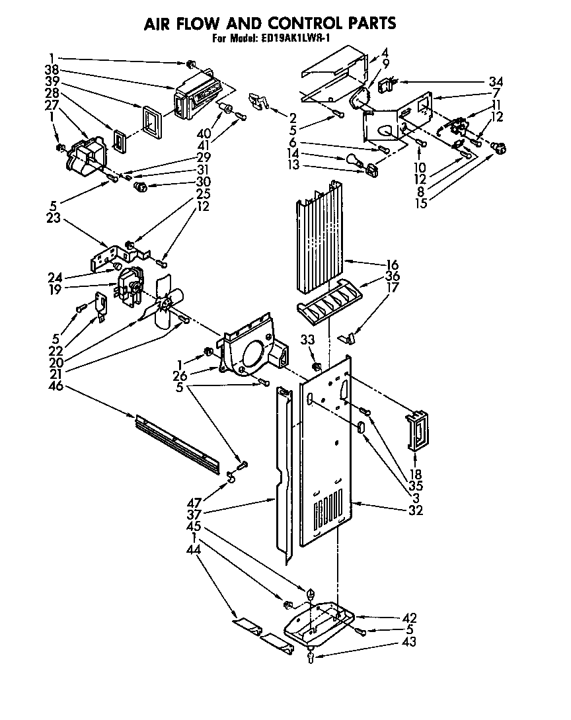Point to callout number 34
point(496,82)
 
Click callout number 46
point(56,385)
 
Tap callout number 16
point(392,264)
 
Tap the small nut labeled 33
point(317,366)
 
